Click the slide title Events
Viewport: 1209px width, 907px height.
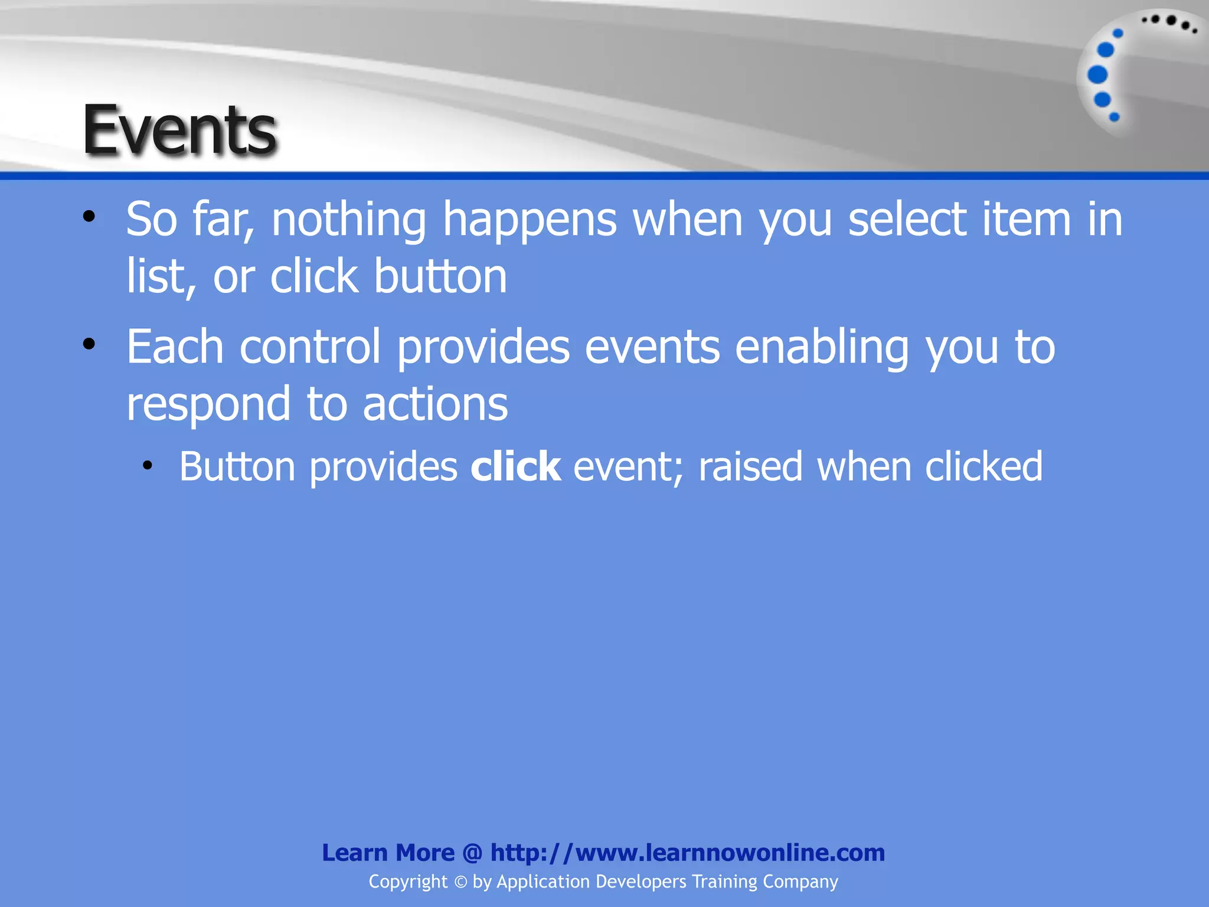[x=179, y=130]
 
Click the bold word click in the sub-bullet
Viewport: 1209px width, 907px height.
[x=515, y=467]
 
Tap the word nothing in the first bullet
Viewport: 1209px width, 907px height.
[x=348, y=220]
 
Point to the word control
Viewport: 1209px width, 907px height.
[x=310, y=347]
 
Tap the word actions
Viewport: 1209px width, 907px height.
[x=435, y=404]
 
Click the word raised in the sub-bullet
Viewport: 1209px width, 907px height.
[x=750, y=467]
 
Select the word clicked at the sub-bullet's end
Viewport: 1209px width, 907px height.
[x=983, y=467]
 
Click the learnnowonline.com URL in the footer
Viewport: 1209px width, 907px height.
[x=688, y=853]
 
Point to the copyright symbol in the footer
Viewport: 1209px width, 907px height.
[x=460, y=882]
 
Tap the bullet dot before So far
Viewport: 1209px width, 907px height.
[x=89, y=217]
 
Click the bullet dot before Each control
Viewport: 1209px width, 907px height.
[x=89, y=344]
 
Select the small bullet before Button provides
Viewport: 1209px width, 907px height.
[x=147, y=466]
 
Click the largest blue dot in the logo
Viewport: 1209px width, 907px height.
[x=1097, y=75]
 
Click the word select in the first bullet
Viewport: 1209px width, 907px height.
[x=907, y=220]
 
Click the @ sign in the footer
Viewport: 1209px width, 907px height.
[x=472, y=853]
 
